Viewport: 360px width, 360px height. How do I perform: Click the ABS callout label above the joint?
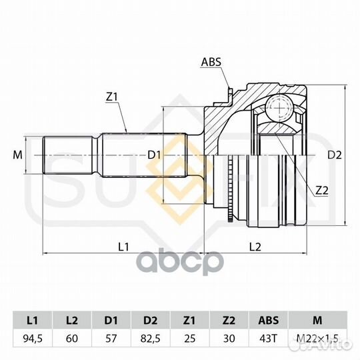211,62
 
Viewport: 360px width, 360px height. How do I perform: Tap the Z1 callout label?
111,97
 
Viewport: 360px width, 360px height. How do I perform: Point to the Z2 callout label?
321,190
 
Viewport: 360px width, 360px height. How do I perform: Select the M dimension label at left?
18,155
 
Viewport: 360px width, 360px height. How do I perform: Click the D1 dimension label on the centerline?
154,155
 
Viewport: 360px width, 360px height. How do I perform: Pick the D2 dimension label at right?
334,155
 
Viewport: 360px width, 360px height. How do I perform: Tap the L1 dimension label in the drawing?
123,247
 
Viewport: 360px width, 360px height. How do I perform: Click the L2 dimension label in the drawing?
255,247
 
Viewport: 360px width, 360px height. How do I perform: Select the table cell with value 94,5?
33,339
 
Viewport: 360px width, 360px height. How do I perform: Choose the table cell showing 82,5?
151,339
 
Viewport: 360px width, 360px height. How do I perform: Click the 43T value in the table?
268,339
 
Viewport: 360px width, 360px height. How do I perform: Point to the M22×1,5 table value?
317,339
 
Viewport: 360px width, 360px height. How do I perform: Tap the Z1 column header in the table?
189,320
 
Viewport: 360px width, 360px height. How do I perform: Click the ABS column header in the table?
268,320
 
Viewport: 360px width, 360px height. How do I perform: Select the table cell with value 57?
111,339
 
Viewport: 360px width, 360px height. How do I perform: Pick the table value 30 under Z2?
229,339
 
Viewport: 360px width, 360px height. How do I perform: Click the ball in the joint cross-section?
279,107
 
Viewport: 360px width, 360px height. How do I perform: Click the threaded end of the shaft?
69,155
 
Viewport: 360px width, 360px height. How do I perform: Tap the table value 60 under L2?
72,339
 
